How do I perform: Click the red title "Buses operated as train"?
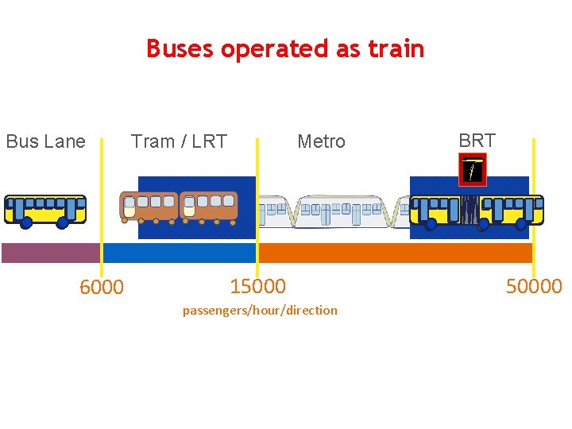pos(285,49)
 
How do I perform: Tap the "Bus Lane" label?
pos(46,141)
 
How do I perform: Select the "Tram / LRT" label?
pos(179,141)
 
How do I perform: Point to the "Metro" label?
pos(322,141)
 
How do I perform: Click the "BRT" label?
pos(477,141)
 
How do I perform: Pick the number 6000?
pos(102,287)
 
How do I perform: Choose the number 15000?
pos(258,286)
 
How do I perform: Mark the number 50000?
pos(534,286)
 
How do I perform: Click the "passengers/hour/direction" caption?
pos(260,311)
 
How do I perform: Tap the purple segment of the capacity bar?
pos(51,253)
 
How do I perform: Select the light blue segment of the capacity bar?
pos(179,253)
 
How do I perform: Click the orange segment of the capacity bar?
pos(396,253)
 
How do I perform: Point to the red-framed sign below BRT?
pos(473,170)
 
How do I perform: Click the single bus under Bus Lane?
pos(45,211)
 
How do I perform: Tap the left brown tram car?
pos(149,207)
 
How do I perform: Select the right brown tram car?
pos(208,207)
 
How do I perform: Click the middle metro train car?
pos(342,212)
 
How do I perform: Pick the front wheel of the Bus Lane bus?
pos(25,222)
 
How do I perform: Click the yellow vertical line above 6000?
pos(102,207)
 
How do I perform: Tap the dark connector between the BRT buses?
pos(470,210)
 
